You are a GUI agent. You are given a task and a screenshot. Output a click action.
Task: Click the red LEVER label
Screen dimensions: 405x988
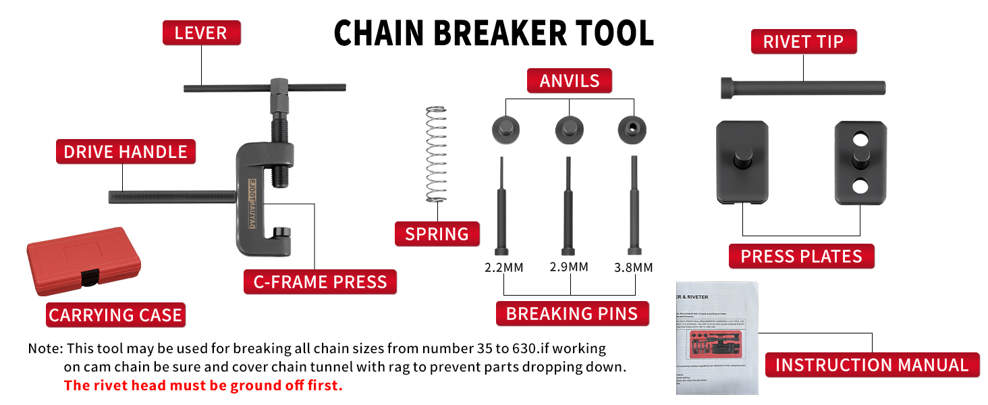201,33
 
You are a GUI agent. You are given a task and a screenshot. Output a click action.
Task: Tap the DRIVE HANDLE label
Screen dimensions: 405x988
126,152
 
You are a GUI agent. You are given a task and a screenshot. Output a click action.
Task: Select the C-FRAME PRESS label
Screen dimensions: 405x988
320,282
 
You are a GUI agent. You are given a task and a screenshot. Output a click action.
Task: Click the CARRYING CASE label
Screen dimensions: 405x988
115,315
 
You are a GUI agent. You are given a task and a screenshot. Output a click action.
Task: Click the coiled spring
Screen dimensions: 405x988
437,155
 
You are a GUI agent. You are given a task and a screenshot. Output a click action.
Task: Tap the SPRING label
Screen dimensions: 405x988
437,234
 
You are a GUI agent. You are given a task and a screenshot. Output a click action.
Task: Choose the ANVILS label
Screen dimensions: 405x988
570,81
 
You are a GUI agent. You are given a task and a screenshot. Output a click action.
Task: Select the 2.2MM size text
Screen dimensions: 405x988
503,267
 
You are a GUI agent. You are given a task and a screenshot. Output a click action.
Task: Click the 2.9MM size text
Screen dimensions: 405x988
569,267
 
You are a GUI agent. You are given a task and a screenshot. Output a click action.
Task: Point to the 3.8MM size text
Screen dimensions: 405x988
633,267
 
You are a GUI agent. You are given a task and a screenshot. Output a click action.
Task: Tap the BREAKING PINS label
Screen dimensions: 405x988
572,314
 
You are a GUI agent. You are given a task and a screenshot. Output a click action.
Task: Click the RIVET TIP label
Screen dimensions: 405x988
803,42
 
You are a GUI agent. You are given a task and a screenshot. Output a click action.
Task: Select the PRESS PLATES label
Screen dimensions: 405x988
801,256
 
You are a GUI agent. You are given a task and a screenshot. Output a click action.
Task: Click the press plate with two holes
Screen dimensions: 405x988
859,163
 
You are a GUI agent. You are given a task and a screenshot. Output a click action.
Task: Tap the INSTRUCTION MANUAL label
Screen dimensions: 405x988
872,365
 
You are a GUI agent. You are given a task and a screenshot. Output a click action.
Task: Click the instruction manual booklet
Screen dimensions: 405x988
717,337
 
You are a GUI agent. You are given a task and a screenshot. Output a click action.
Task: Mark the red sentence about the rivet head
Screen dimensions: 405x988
203,386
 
